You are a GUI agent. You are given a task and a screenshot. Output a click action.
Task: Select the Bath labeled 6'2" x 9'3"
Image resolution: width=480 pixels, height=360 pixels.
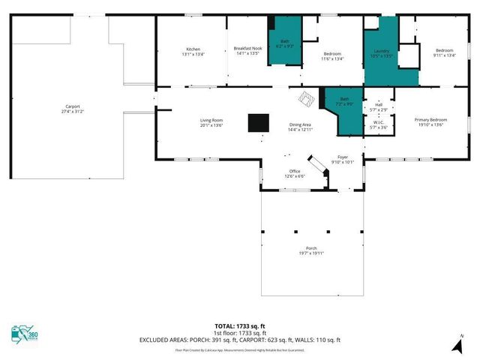click(285, 43)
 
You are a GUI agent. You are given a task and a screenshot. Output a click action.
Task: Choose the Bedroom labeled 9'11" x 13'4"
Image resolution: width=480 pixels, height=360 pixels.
click(444, 52)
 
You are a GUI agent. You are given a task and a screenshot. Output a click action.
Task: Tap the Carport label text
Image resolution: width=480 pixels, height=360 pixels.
click(73, 109)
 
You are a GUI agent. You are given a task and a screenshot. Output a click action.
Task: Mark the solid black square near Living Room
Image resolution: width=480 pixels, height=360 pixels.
click(259, 122)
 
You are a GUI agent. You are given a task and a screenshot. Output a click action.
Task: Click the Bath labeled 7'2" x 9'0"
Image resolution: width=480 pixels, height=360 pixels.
click(344, 101)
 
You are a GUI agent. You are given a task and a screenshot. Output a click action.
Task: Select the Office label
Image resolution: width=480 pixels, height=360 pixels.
click(295, 175)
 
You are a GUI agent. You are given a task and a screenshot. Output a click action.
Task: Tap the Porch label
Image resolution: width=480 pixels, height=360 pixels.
click(310, 250)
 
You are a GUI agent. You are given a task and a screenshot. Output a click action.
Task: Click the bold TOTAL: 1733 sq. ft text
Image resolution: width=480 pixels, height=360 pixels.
click(239, 326)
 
